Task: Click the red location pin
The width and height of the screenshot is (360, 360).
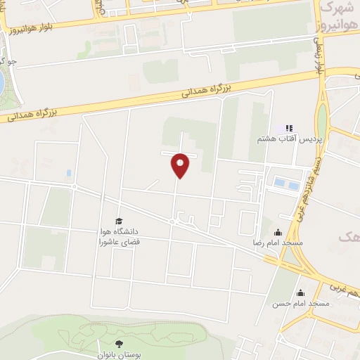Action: click(x=181, y=165)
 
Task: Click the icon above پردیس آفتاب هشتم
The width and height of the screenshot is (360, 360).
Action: click(x=288, y=129)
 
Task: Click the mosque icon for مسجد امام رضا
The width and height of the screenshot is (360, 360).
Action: click(x=278, y=231)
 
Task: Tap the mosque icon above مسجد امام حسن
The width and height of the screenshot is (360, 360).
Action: click(x=301, y=293)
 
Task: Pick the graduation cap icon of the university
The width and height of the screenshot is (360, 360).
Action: click(x=118, y=221)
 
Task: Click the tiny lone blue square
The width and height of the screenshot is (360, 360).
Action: click(x=68, y=172)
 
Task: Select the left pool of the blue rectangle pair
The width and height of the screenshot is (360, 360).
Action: click(x=280, y=184)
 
